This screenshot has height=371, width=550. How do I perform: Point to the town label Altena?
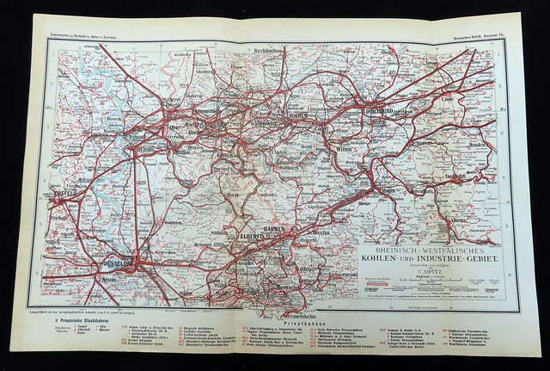[471, 220]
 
